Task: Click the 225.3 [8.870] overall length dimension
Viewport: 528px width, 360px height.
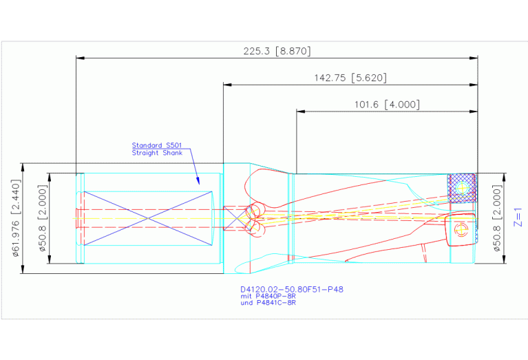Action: tap(277, 51)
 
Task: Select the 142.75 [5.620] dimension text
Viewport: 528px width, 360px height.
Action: tap(350, 78)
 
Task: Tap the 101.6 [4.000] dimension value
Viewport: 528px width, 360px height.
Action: tap(387, 105)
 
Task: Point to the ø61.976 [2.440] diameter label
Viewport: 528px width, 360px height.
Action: tap(16, 218)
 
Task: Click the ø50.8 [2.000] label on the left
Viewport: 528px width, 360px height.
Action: tap(43, 218)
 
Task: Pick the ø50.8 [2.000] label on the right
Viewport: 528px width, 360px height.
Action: tap(497, 218)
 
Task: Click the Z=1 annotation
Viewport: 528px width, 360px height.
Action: tap(518, 218)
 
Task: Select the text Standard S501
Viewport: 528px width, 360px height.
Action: tap(157, 145)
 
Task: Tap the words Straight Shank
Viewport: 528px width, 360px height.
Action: tap(157, 153)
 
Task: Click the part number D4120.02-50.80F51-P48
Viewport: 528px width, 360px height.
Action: tap(292, 289)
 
